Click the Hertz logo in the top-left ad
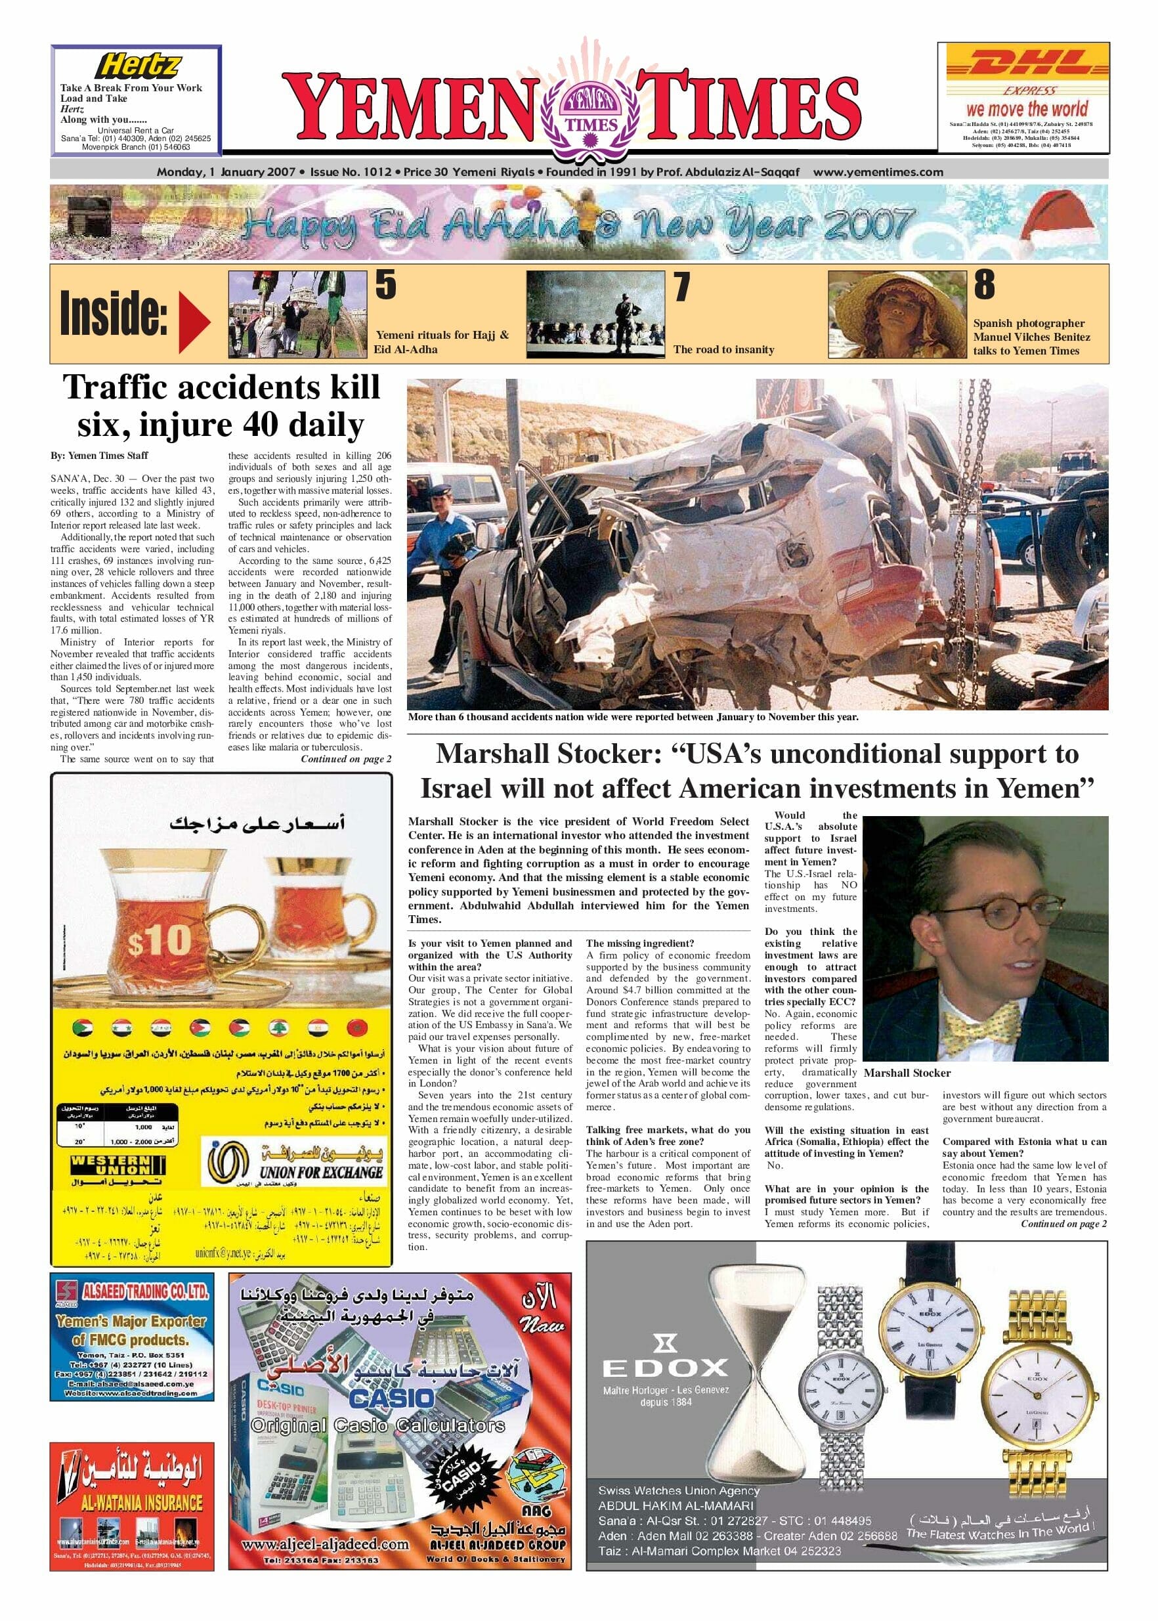click(139, 66)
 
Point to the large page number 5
click(386, 285)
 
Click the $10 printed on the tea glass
click(160, 941)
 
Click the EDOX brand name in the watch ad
click(664, 1367)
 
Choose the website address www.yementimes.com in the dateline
click(877, 172)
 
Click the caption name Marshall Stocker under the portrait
click(907, 1073)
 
